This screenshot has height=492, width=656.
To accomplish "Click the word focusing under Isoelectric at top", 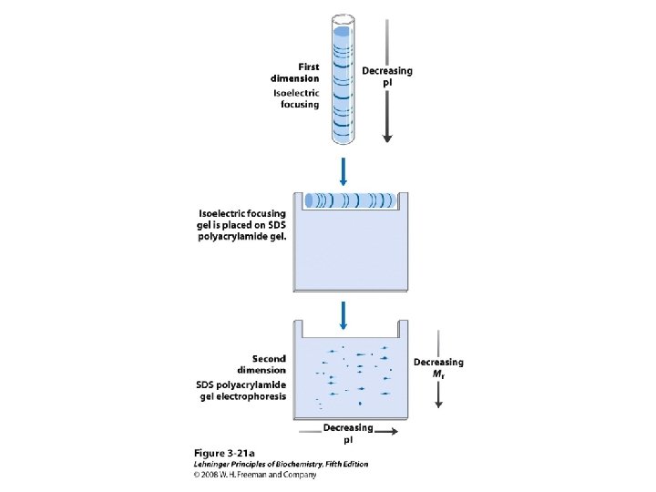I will [299, 104].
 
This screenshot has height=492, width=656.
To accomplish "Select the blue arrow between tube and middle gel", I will [343, 169].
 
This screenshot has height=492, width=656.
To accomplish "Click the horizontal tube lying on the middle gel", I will [351, 200].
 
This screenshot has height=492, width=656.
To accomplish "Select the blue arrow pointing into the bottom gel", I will [343, 315].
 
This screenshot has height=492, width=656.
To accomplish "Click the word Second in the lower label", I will [269, 358].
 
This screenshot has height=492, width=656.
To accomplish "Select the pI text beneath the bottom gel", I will [347, 439].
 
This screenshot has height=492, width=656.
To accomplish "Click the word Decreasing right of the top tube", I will [387, 71].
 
